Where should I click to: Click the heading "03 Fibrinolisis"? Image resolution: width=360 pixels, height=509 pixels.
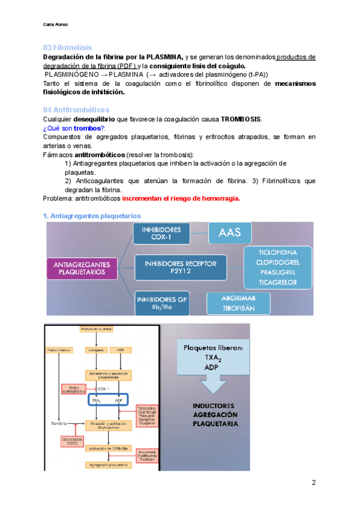pos(67,47)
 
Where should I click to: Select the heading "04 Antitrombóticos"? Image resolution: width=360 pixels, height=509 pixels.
pos(76,110)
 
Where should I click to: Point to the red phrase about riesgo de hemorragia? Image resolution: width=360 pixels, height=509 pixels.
pos(181,199)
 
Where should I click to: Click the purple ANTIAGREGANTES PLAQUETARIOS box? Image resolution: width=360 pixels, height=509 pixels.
pos(81,268)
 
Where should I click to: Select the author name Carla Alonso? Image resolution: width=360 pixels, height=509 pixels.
pos(56,25)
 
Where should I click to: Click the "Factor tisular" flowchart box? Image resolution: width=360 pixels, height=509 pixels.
pos(58,349)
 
